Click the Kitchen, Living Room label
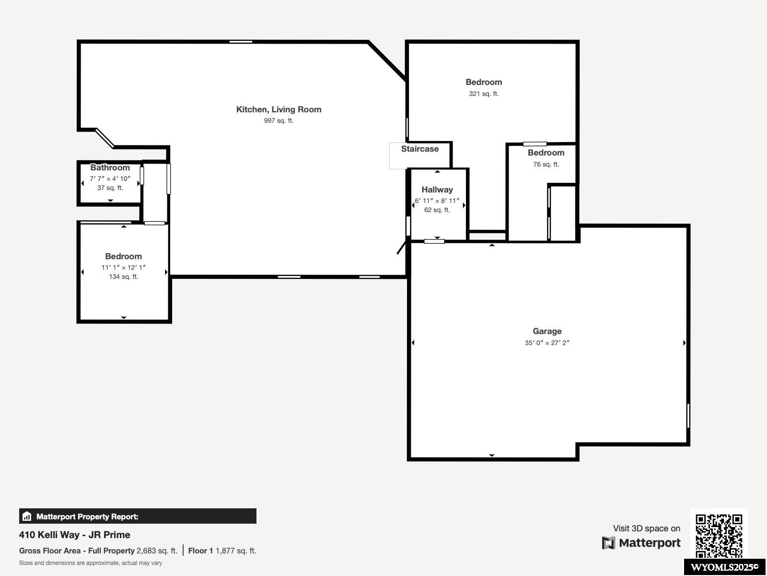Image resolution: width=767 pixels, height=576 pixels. (x=279, y=109)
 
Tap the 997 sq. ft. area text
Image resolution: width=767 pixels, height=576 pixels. (x=279, y=120)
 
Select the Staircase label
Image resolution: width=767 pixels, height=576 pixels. (x=419, y=149)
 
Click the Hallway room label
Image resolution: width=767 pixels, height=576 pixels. (x=437, y=190)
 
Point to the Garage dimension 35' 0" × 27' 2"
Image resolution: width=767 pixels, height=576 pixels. (x=547, y=343)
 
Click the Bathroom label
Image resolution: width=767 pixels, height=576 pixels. (x=110, y=168)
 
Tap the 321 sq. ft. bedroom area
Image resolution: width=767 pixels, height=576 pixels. (x=484, y=94)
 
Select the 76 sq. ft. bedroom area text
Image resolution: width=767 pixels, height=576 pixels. (x=546, y=164)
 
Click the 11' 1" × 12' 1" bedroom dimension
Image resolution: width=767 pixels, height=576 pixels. (x=123, y=267)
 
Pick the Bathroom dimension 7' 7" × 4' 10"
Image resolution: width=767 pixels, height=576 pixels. (x=110, y=179)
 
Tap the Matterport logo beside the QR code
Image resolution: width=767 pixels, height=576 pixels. (x=641, y=543)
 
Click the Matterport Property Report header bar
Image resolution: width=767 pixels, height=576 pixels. (x=138, y=516)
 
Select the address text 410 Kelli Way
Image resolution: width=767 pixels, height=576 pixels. (x=74, y=535)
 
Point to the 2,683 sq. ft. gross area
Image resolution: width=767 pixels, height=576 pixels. (x=157, y=551)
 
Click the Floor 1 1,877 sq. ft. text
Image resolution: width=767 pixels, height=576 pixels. (x=222, y=551)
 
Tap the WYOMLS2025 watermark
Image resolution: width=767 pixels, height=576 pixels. (x=724, y=567)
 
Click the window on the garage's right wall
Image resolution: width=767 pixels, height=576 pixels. (x=688, y=416)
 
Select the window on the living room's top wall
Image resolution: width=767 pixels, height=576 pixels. (x=241, y=42)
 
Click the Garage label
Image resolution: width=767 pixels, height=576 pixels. (x=547, y=331)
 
